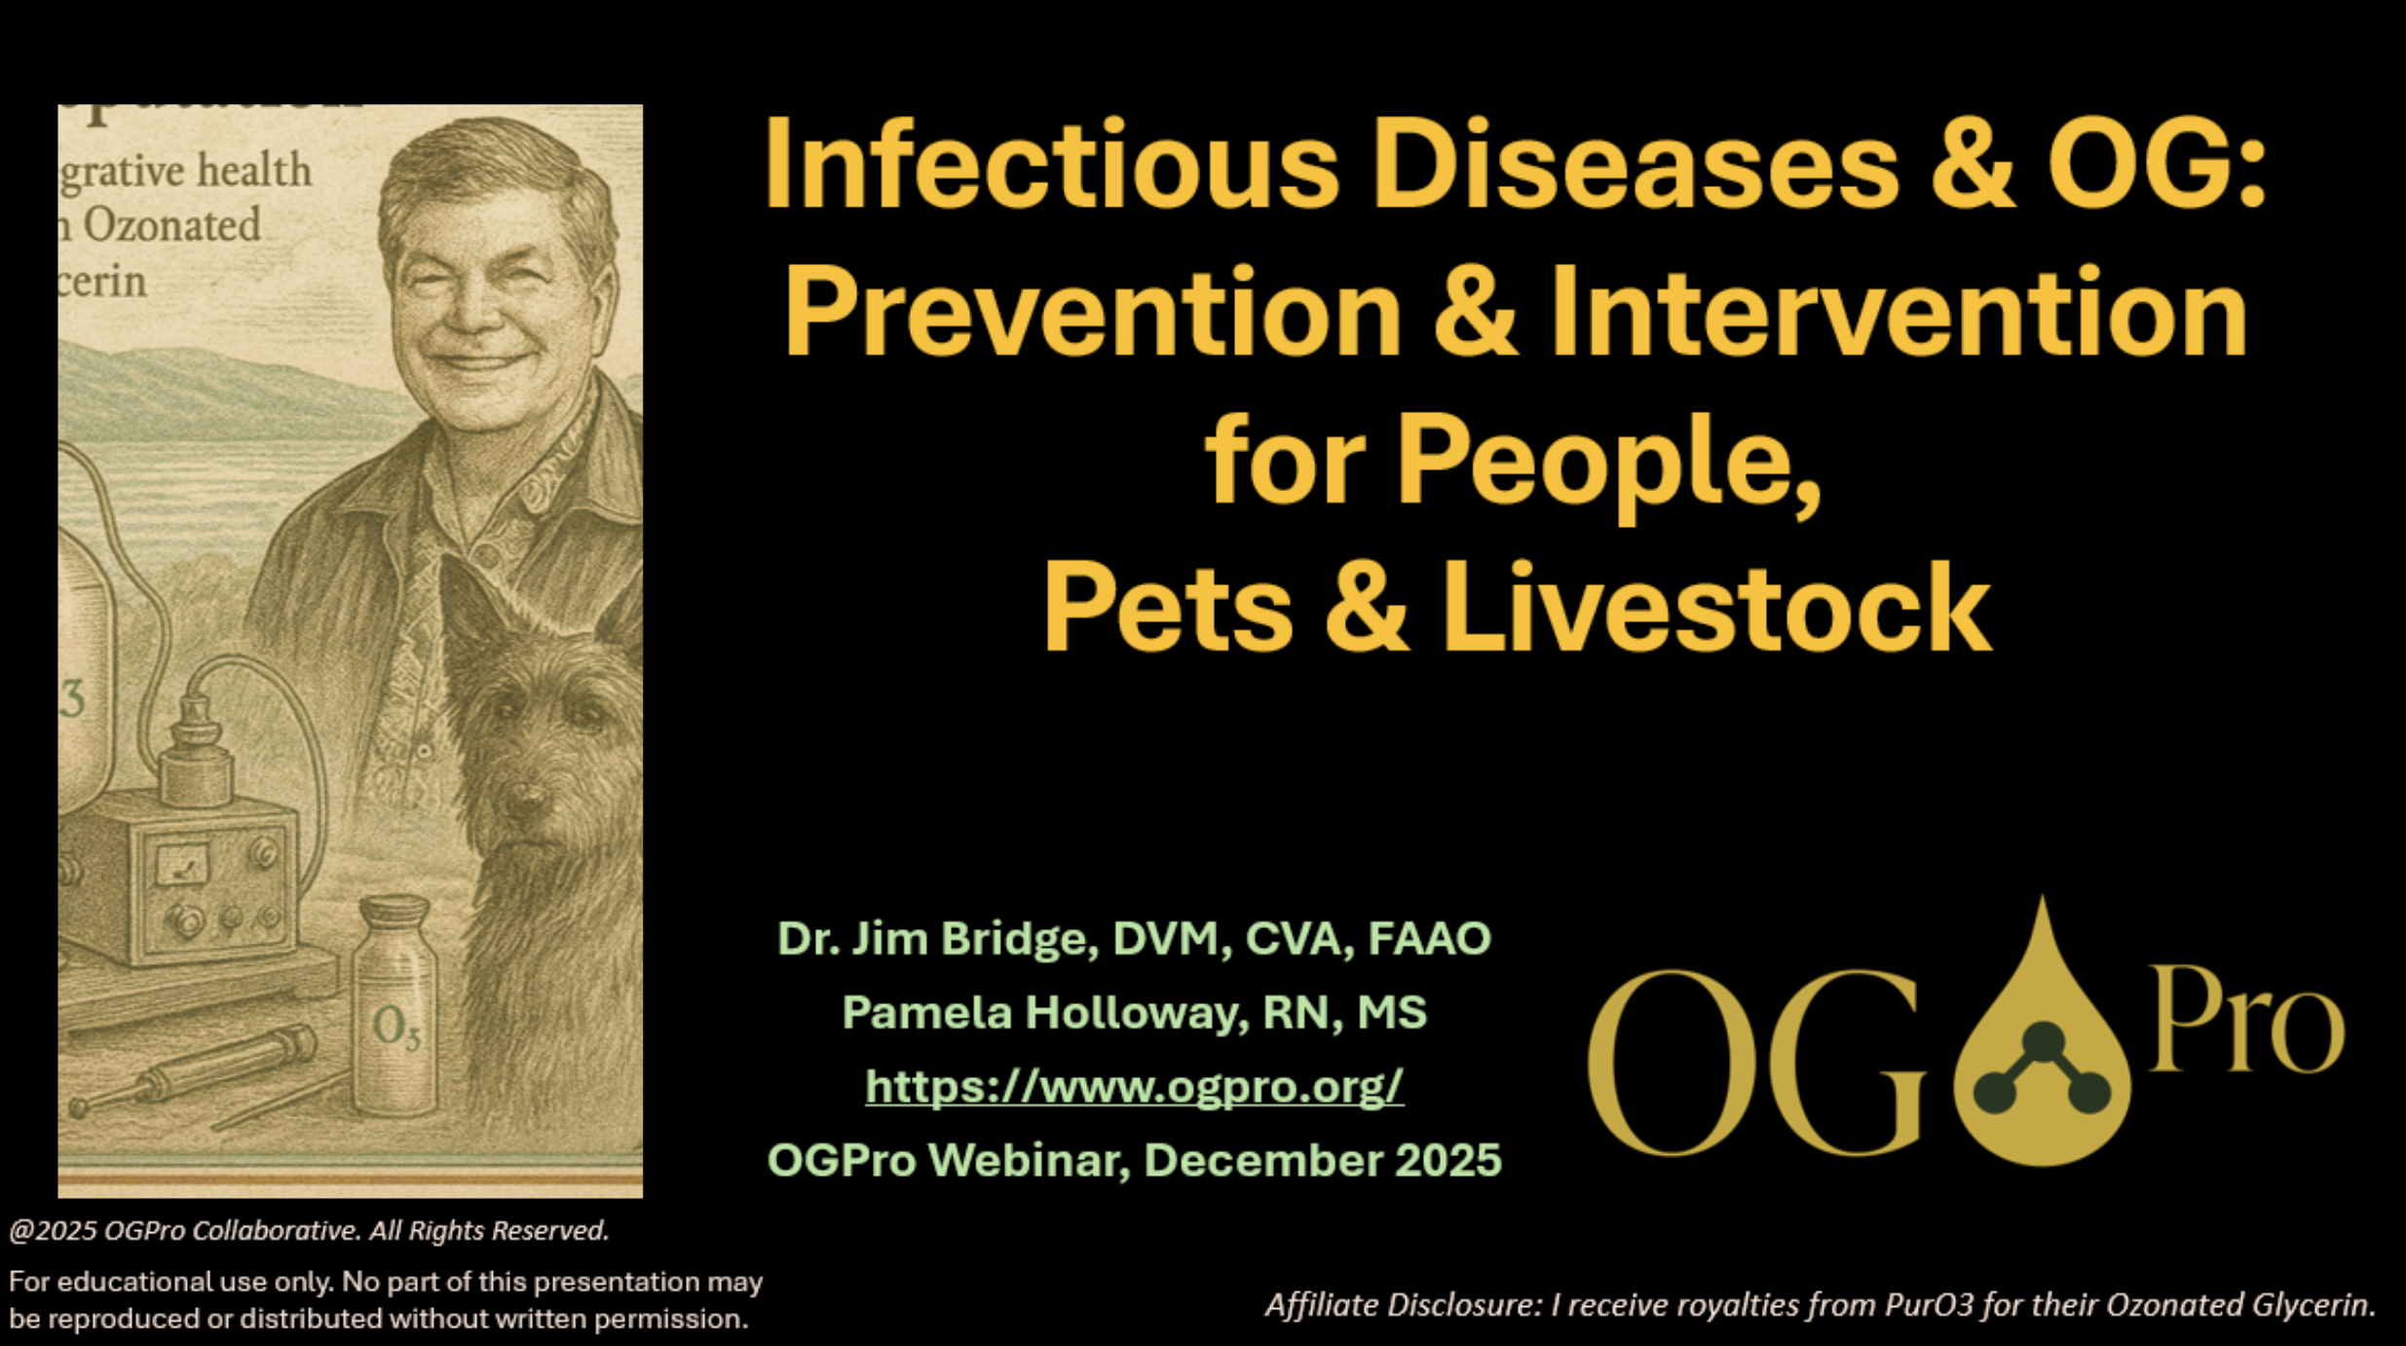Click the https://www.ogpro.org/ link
[1134, 1086]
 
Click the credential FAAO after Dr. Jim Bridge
[1429, 938]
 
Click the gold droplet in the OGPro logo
[2042, 1052]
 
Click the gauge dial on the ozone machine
[182, 864]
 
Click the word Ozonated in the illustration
[171, 226]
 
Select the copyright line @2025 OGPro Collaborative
[309, 1231]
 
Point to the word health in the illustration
[254, 170]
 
